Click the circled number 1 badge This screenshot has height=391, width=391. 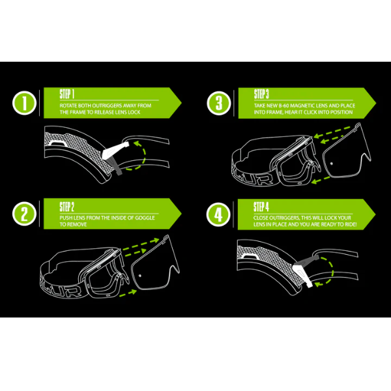tap(24, 103)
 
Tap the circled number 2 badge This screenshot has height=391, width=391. tap(24, 214)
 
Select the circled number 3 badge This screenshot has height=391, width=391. tap(219, 103)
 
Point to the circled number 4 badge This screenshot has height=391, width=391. tap(218, 214)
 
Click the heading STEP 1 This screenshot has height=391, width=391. tap(67, 94)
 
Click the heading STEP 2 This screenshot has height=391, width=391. tap(67, 207)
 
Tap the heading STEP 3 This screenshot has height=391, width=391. tap(261, 94)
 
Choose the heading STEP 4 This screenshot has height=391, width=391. tap(261, 207)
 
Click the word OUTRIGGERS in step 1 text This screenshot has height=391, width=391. tap(108, 106)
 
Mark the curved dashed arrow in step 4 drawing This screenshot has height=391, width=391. tap(332, 270)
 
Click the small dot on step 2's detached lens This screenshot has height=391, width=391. tap(140, 276)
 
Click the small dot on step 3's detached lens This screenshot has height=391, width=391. tap(332, 164)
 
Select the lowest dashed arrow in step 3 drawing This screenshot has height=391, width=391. tap(321, 180)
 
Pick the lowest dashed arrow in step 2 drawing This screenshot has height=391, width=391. tap(128, 293)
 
